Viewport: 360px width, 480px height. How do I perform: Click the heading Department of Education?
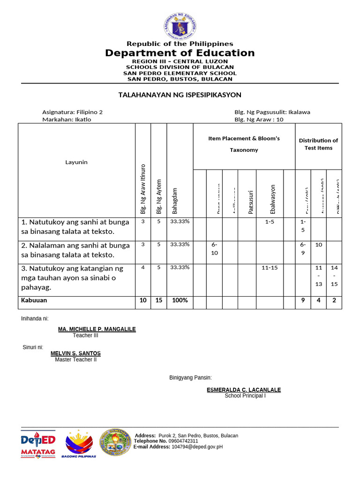(180, 53)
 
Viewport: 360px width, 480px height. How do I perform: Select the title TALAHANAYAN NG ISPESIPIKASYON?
(180, 95)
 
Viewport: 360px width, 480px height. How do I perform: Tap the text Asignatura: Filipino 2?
(73, 112)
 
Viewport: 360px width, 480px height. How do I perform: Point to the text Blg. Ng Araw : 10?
(259, 120)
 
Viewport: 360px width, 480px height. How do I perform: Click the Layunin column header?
(76, 162)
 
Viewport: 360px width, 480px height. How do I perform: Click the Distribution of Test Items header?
(318, 144)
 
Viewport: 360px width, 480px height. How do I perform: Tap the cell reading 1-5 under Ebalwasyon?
(270, 221)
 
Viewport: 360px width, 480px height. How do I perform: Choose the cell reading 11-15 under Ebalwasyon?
(270, 267)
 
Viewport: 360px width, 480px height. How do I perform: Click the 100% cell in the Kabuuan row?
(180, 300)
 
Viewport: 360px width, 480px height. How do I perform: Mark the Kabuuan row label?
(34, 300)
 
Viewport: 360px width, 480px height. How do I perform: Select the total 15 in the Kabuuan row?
(159, 300)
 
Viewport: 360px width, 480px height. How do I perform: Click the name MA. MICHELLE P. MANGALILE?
(97, 330)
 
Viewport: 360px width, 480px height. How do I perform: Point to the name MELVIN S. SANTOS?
(75, 353)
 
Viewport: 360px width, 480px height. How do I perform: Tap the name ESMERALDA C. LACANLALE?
(244, 390)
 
